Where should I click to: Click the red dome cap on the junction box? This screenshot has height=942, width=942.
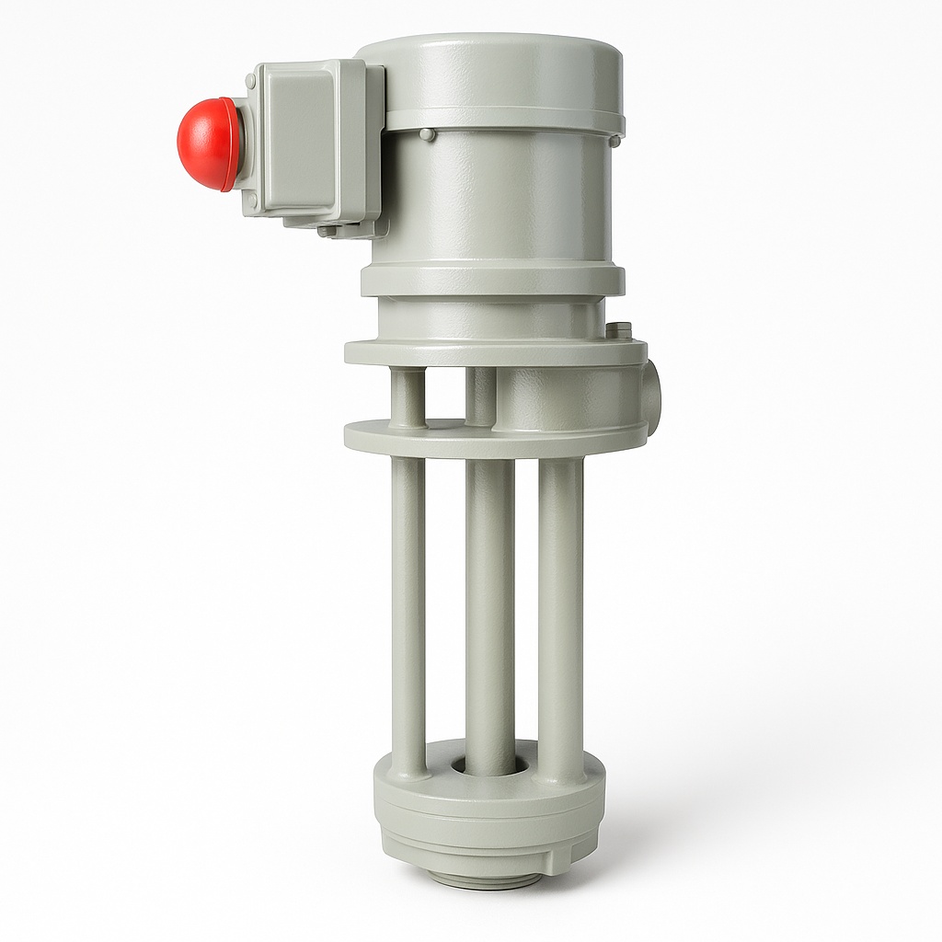(208, 144)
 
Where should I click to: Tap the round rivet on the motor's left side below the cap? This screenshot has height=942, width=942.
(426, 134)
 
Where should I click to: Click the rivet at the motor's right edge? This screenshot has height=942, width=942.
(614, 140)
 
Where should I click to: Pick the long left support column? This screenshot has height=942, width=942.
(408, 607)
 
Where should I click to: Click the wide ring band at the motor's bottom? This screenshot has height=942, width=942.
(492, 279)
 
